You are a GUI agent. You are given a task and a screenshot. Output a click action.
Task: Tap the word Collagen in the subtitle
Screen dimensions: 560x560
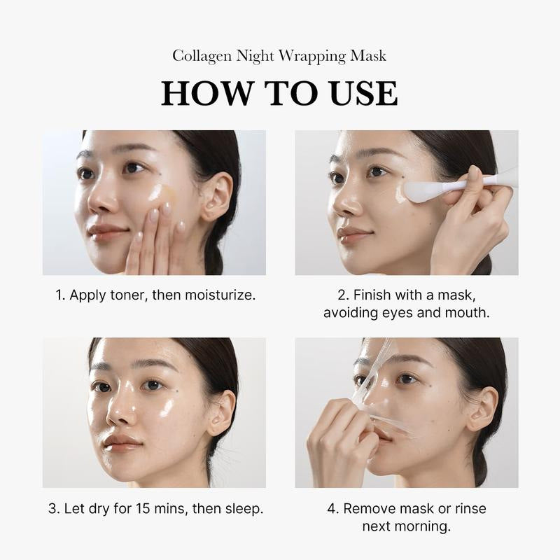(199, 55)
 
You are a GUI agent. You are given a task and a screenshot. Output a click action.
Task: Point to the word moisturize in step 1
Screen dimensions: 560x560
(218, 295)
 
